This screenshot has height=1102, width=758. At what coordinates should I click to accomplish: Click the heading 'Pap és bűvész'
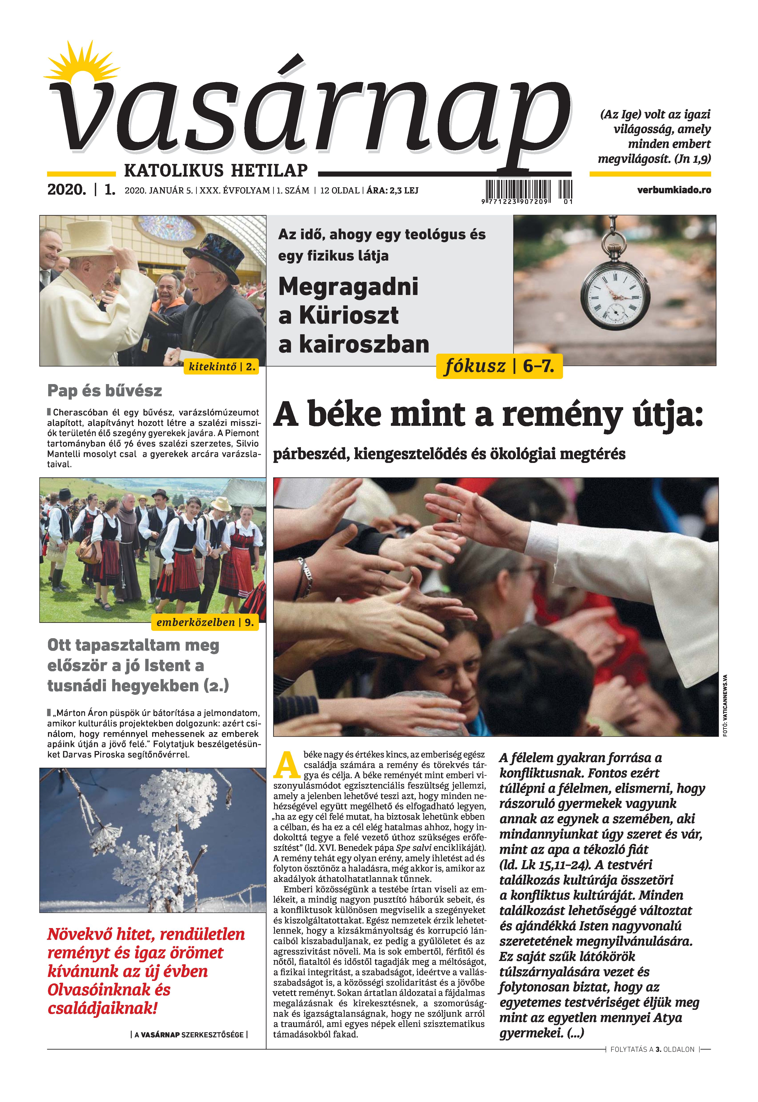tap(104, 391)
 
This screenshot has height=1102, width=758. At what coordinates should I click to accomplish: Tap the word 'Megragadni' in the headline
tap(348, 287)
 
